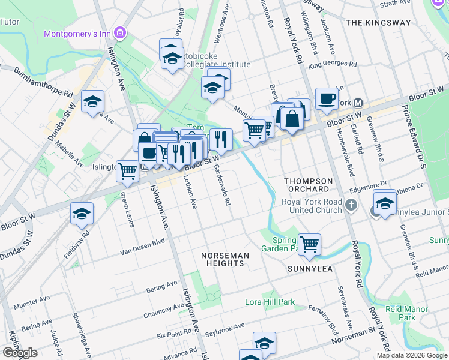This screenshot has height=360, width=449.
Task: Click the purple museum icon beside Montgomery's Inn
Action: coord(121,31)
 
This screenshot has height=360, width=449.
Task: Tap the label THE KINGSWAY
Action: coord(379,23)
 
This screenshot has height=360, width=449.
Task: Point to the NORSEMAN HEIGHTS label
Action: coord(225,260)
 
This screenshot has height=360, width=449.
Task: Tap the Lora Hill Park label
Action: coord(270,302)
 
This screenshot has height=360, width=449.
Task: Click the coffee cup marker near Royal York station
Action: coord(327,99)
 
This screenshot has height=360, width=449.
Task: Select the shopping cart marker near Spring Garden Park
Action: coord(309,244)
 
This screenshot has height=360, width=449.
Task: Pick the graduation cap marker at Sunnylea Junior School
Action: coord(385,202)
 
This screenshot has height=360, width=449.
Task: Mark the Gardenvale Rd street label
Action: coord(221,185)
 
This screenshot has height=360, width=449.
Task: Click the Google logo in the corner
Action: coord(20,353)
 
